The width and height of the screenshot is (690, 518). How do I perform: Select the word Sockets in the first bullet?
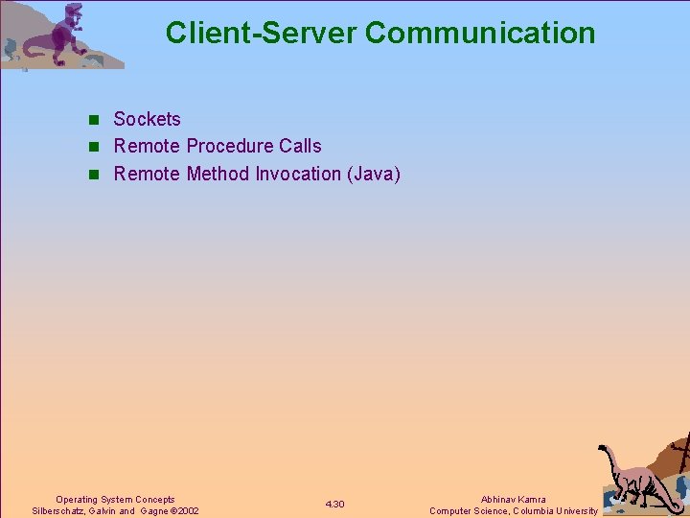(147, 119)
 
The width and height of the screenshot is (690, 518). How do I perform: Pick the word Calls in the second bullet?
(301, 146)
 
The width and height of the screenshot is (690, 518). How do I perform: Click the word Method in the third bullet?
(218, 174)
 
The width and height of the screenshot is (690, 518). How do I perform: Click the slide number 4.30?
(334, 505)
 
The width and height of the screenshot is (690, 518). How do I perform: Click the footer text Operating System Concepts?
(115, 499)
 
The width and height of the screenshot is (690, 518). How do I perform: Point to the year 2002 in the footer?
(187, 511)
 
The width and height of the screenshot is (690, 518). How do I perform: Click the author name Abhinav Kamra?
(513, 499)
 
